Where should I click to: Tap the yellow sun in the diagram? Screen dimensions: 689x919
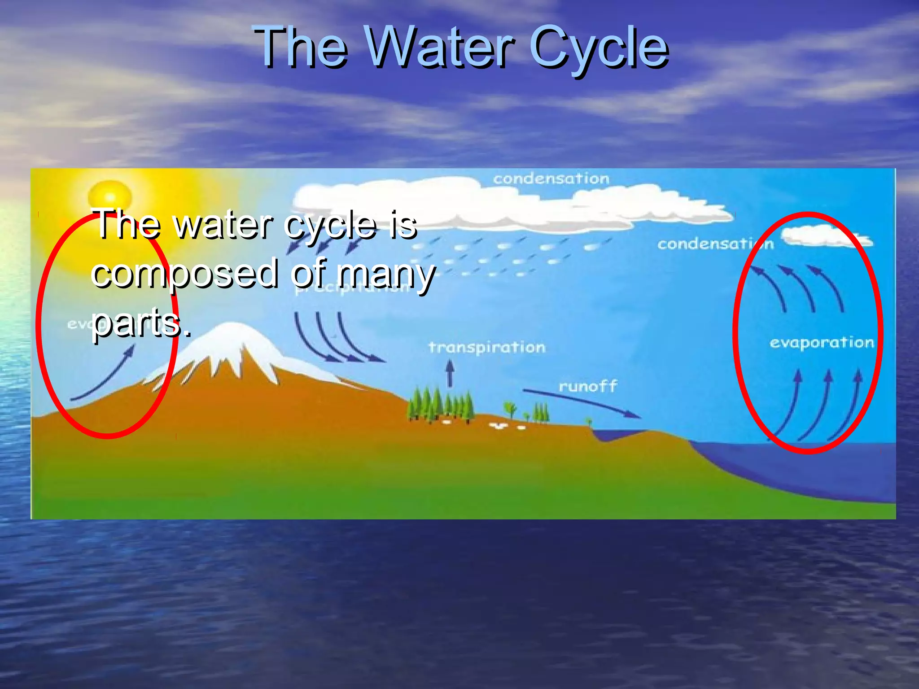click(x=109, y=196)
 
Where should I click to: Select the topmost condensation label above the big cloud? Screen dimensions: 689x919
click(x=551, y=179)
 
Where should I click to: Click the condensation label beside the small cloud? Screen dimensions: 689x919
click(x=715, y=244)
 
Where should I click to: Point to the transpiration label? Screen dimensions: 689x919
click(x=487, y=347)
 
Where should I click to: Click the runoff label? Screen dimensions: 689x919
click(x=588, y=386)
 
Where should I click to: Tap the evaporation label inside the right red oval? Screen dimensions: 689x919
click(x=822, y=343)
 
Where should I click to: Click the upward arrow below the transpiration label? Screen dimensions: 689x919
click(x=450, y=374)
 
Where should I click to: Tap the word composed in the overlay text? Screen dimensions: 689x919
click(x=184, y=274)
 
